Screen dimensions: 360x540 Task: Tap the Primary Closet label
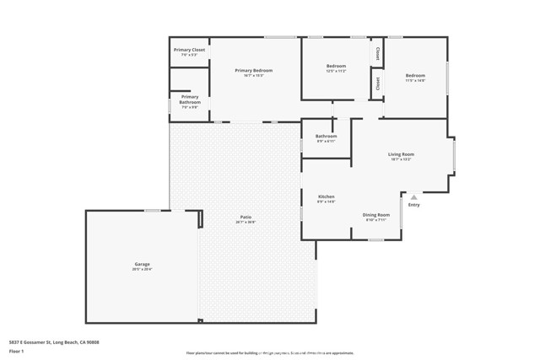190,50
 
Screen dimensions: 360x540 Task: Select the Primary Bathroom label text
190,99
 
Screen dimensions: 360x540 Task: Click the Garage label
142,265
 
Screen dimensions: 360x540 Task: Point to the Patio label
246,217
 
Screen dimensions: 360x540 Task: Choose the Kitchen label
326,196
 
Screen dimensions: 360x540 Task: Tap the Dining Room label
376,214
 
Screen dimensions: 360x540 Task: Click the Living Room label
401,154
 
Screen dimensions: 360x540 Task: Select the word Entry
413,205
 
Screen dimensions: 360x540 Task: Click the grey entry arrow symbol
413,197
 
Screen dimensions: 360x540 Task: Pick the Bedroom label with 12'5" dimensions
336,66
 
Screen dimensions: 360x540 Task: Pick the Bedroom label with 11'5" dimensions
414,75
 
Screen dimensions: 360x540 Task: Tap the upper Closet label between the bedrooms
377,52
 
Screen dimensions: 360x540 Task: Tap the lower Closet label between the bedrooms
377,83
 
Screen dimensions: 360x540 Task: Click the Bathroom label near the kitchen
327,136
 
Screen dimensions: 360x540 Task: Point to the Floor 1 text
17,351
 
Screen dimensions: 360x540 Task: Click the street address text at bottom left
54,342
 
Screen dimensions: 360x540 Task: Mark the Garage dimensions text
142,270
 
